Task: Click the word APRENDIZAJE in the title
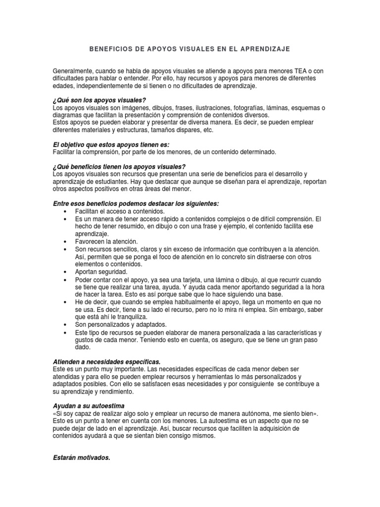(x=265, y=50)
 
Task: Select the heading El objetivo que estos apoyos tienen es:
(x=111, y=145)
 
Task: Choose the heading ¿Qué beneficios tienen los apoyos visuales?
(x=119, y=166)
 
